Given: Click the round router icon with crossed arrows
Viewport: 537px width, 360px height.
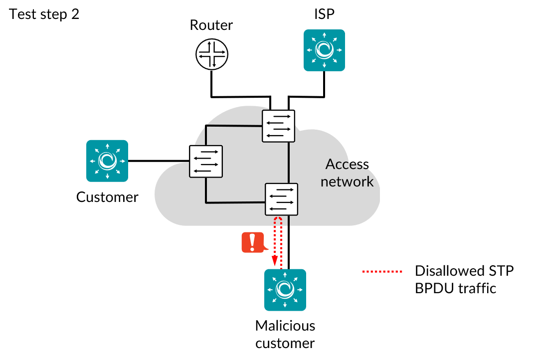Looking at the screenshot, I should (x=211, y=54).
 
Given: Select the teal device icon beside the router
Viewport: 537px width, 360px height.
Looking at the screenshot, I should (x=324, y=50).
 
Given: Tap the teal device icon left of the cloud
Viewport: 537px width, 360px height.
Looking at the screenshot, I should (x=107, y=161).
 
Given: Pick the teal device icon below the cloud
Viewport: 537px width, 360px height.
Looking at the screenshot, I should (x=285, y=290).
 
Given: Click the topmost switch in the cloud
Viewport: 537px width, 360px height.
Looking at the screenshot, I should (x=278, y=126).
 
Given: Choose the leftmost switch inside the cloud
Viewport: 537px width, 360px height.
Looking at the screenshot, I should (x=205, y=161).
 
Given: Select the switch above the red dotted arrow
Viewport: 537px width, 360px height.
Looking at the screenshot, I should (x=281, y=199).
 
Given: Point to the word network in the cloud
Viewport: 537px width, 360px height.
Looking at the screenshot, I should (x=347, y=181).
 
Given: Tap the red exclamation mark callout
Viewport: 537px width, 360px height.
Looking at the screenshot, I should (x=253, y=242).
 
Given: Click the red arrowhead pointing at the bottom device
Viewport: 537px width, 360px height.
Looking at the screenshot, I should (x=275, y=261).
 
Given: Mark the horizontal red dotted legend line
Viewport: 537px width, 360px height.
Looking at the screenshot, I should (x=382, y=271).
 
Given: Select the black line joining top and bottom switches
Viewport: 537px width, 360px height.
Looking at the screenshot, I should (x=289, y=163).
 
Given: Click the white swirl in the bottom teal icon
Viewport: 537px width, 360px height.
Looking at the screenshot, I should (x=285, y=289).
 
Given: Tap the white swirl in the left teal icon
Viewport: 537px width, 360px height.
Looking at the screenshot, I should (x=107, y=161).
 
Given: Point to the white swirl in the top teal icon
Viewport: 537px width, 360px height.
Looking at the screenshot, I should (x=324, y=49).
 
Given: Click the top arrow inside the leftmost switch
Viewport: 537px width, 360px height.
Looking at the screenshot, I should (x=205, y=152).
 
